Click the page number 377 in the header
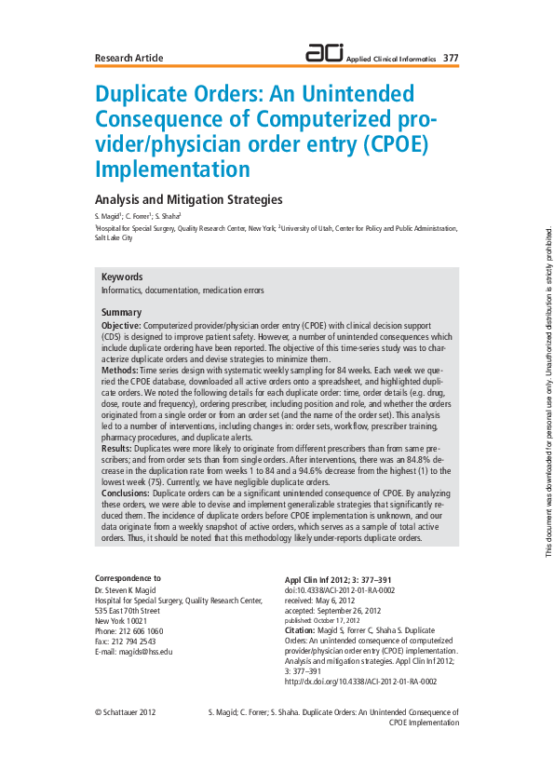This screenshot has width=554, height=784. [x=451, y=58]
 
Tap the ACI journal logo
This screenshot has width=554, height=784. [x=324, y=54]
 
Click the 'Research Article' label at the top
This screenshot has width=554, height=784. [x=128, y=58]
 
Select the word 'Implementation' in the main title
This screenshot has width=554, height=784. [x=172, y=169]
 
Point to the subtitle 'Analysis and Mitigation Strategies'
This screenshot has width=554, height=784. [x=189, y=199]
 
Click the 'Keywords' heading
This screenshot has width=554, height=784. [x=122, y=277]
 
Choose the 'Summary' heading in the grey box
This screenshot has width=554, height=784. [x=121, y=312]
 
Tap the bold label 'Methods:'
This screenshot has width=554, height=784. [x=119, y=370]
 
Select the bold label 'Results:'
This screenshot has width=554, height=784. [x=116, y=448]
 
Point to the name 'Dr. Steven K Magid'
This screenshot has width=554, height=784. [x=129, y=590]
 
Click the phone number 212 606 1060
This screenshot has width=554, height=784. [x=136, y=630]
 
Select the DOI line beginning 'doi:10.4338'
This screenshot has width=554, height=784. [x=340, y=590]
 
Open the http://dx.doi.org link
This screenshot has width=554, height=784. [x=360, y=682]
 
